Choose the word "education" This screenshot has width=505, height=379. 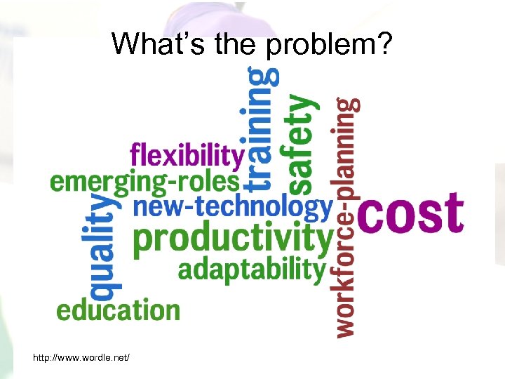click(x=118, y=310)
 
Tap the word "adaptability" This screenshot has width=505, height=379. click(x=252, y=270)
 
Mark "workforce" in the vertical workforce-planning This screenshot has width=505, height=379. click(x=345, y=277)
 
